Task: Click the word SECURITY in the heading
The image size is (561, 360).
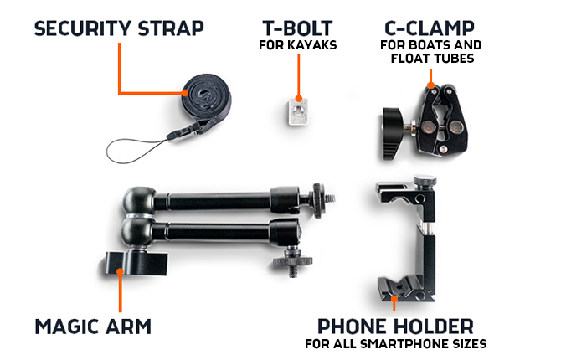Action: click(83, 28)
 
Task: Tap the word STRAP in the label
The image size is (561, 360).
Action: click(171, 28)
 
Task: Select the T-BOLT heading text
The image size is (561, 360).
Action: click(298, 28)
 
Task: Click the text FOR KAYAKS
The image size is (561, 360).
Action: click(298, 45)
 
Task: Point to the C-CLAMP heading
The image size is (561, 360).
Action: click(430, 28)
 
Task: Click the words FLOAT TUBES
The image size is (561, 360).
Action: click(432, 59)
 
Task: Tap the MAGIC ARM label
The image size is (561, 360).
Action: click(93, 327)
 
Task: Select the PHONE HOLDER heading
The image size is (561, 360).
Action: click(395, 327)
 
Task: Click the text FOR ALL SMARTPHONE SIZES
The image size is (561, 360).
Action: click(396, 344)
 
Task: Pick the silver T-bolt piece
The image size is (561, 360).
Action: click(298, 111)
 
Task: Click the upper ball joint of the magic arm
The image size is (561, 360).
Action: click(139, 201)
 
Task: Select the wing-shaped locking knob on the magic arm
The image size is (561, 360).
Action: click(136, 264)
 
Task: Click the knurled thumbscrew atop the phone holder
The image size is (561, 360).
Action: click(425, 181)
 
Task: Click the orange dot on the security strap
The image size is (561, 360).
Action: click(184, 93)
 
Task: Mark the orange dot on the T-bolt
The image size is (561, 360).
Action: click(298, 99)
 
